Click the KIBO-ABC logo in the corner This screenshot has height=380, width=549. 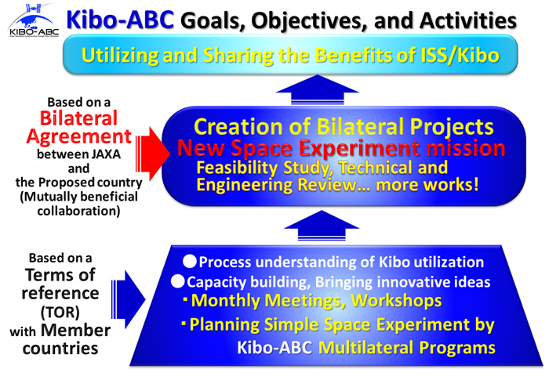coord(34,20)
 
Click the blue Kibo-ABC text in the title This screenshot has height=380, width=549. coord(120,20)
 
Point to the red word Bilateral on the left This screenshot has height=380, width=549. coord(78,118)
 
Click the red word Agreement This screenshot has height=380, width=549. coord(78,136)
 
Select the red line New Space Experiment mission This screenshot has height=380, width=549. coord(341,148)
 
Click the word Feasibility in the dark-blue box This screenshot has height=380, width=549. coord(237,168)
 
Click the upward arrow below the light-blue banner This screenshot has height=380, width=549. coord(318,89)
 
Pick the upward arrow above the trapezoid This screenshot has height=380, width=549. coord(322,226)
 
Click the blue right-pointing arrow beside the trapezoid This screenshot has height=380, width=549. coord(128,299)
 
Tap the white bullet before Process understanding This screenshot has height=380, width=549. coord(190,262)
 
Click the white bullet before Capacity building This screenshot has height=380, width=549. coord(177,281)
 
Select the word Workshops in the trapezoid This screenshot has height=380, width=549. coord(396,300)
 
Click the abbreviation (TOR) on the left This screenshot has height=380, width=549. coord(60,312)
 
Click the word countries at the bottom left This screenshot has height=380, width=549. coord(60,348)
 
